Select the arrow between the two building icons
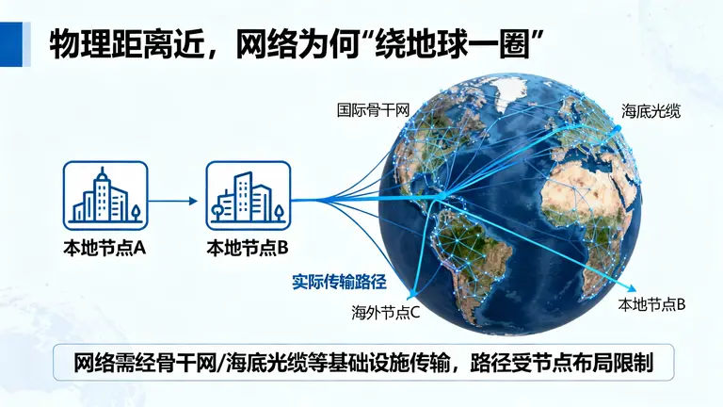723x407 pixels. [173, 200]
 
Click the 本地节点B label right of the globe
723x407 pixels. [651, 304]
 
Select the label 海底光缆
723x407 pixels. [651, 111]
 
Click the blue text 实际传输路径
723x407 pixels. [340, 281]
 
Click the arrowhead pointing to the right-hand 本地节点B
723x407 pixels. [637, 287]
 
